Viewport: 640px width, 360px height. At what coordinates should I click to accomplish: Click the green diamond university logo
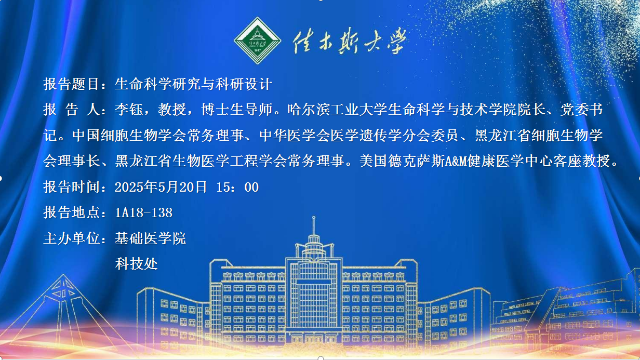(x=258, y=41)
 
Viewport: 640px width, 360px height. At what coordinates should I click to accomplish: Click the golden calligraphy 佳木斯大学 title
(x=350, y=41)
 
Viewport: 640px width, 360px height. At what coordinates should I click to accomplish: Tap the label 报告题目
(x=72, y=84)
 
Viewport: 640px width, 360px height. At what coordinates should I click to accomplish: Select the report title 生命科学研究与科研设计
(x=193, y=84)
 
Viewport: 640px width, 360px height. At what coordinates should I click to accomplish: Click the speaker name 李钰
(x=129, y=110)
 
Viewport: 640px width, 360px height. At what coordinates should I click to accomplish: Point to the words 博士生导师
(x=236, y=110)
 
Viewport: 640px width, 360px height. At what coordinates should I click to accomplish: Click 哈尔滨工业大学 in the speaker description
(x=338, y=110)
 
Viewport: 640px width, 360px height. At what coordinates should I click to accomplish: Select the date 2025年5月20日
(x=161, y=187)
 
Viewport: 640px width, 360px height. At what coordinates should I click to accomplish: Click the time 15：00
(x=237, y=187)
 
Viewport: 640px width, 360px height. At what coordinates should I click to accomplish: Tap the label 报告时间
(x=72, y=187)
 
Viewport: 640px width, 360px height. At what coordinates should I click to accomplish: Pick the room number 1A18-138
(x=144, y=212)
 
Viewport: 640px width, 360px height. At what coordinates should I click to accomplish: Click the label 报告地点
(x=72, y=212)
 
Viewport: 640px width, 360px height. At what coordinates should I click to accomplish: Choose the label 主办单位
(x=72, y=238)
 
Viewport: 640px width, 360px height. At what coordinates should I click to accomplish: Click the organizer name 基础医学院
(x=150, y=238)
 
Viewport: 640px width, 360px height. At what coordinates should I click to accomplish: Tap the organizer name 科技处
(x=136, y=264)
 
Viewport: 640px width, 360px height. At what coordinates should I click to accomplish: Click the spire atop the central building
(x=314, y=225)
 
